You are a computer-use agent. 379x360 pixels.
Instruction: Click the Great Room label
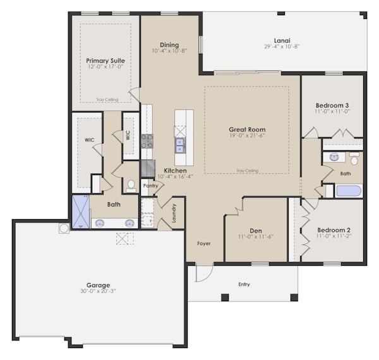click(247, 129)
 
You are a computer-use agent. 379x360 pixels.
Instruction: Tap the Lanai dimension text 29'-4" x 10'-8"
click(282, 46)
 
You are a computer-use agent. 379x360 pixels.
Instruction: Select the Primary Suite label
click(105, 61)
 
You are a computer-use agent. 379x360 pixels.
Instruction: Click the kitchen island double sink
click(179, 146)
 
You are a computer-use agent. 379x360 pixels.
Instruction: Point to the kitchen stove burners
click(147, 141)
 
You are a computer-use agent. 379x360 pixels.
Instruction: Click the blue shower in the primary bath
click(81, 212)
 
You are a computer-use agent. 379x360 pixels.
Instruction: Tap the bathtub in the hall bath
click(349, 191)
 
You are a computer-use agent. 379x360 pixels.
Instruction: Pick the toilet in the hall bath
click(354, 159)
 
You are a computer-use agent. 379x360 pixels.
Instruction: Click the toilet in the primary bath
click(131, 186)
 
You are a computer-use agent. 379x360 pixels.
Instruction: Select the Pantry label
click(150, 186)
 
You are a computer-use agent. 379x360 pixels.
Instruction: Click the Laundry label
click(174, 213)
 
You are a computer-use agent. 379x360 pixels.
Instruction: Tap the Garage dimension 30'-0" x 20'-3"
click(98, 291)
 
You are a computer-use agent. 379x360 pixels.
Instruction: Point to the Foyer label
click(204, 244)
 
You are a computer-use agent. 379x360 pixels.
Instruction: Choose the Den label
click(256, 231)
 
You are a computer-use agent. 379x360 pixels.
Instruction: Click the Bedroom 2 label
click(334, 230)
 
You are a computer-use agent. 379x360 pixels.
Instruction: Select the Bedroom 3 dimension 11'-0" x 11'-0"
click(332, 111)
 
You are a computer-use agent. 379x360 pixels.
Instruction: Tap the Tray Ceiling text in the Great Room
click(247, 171)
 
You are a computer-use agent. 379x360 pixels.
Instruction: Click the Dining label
click(169, 45)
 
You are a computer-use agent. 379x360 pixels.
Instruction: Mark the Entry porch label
click(244, 284)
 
